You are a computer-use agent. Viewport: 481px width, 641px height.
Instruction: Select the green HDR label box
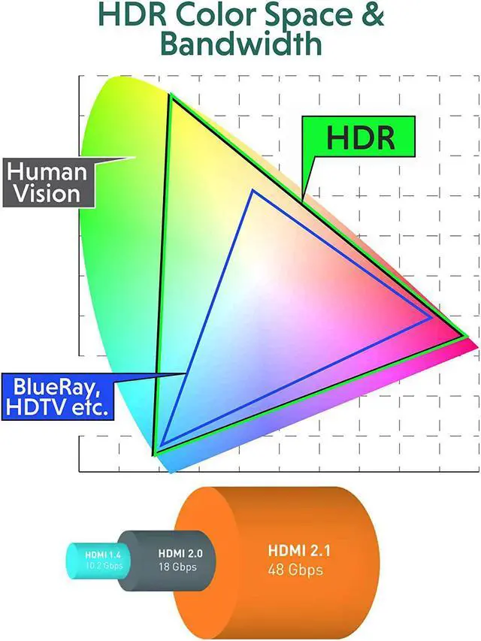click(x=360, y=137)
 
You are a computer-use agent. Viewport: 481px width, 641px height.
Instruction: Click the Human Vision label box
click(x=48, y=181)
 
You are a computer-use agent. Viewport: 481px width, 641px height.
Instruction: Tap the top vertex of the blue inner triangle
click(x=253, y=191)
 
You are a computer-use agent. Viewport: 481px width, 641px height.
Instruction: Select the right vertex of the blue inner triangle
click(x=431, y=318)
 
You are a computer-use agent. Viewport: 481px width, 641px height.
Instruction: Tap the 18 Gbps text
click(x=177, y=567)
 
